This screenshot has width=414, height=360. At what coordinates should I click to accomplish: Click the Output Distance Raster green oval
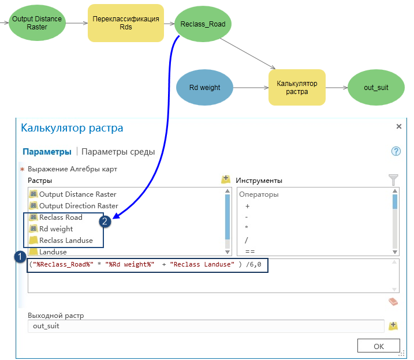36,23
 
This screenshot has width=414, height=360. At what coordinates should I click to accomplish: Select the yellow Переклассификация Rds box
126,23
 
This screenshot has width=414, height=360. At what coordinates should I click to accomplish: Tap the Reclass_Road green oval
203,24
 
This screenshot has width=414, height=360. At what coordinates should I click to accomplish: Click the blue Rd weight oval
204,88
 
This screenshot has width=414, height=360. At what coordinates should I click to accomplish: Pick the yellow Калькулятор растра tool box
297,88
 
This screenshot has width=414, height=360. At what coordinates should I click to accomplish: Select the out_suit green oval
376,88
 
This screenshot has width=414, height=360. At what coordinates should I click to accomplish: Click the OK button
378,346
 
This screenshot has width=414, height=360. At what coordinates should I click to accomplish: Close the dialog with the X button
398,126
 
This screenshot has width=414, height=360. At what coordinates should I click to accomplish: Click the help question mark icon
396,152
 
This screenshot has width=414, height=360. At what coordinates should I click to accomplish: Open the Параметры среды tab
118,152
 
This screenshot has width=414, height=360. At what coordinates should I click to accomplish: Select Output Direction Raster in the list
78,206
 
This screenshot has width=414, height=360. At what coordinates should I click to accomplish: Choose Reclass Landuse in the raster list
66,241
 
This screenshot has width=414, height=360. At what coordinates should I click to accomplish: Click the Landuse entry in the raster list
53,252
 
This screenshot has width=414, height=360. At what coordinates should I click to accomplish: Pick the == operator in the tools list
251,252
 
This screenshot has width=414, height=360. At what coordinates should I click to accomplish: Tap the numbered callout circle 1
20,256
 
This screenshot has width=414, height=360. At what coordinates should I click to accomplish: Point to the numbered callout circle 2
105,221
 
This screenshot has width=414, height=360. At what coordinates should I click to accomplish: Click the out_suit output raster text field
206,326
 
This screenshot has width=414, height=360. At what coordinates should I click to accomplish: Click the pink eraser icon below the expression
393,301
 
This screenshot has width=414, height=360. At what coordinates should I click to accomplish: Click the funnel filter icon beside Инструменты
394,179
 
